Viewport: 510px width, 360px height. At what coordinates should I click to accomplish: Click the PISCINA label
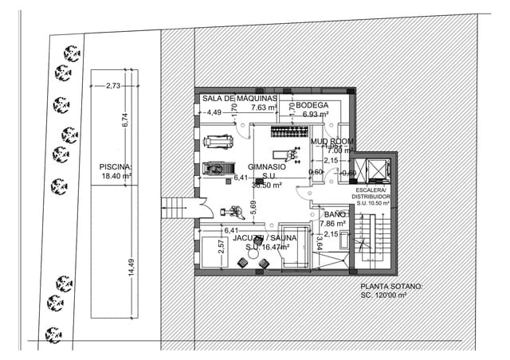[x=115, y=166]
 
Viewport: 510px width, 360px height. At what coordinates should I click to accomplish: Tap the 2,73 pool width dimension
[x=113, y=85]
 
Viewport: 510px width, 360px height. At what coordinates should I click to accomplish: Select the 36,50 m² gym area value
[x=269, y=184]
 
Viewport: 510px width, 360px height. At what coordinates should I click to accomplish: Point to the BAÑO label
[x=335, y=215]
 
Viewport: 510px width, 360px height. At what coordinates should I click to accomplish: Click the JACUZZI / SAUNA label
[x=265, y=238]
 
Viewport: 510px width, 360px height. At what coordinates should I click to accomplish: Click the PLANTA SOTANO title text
[x=392, y=286]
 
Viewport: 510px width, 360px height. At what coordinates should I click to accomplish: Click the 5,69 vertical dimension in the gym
[x=253, y=208]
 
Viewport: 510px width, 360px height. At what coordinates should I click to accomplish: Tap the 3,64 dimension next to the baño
[x=318, y=241]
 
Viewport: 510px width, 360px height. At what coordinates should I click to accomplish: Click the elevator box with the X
[x=371, y=169]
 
